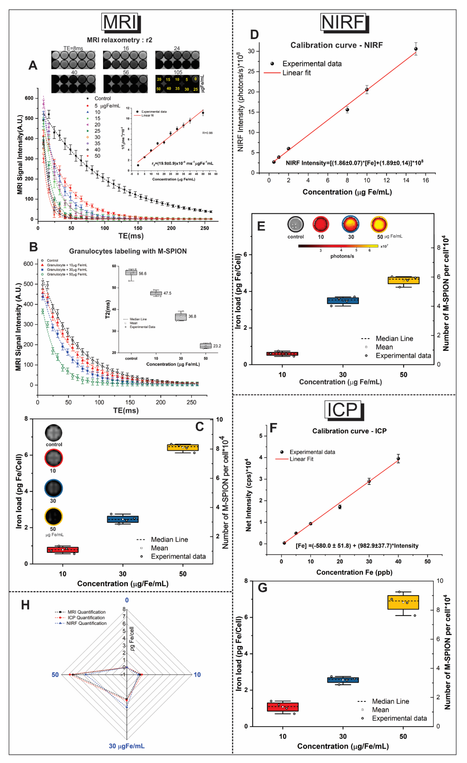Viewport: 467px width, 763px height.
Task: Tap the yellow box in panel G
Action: point(403,602)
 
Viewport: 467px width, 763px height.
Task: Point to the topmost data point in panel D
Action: point(416,49)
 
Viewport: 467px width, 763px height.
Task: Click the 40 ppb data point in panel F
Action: point(398,459)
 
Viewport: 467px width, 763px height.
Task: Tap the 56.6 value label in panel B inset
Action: point(142,273)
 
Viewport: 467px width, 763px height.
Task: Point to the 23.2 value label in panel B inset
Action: point(217,346)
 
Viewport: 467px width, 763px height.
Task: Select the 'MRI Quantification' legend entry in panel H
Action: point(86,612)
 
